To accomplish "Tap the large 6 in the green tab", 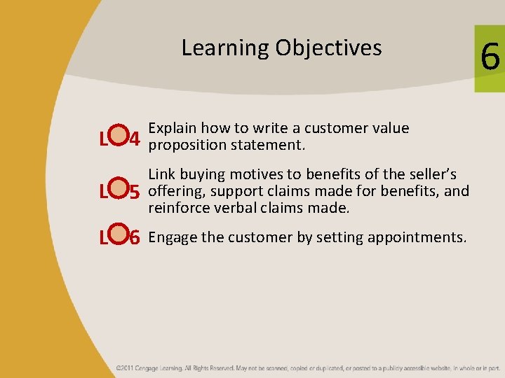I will coord(490,57).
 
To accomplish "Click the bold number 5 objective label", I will coord(137,190).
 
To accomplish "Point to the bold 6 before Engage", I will coord(137,239).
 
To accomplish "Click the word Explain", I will coord(173,129).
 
